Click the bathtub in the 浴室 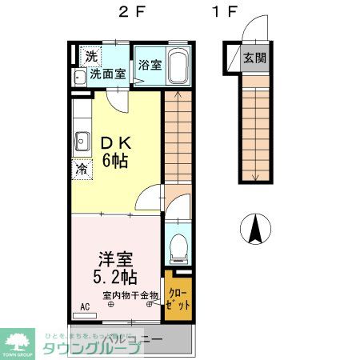(x=178, y=66)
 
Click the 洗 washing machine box (x=91, y=56)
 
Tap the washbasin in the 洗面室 (x=79, y=78)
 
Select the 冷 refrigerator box (x=82, y=170)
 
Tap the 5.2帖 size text (x=117, y=278)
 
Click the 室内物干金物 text (x=131, y=296)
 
